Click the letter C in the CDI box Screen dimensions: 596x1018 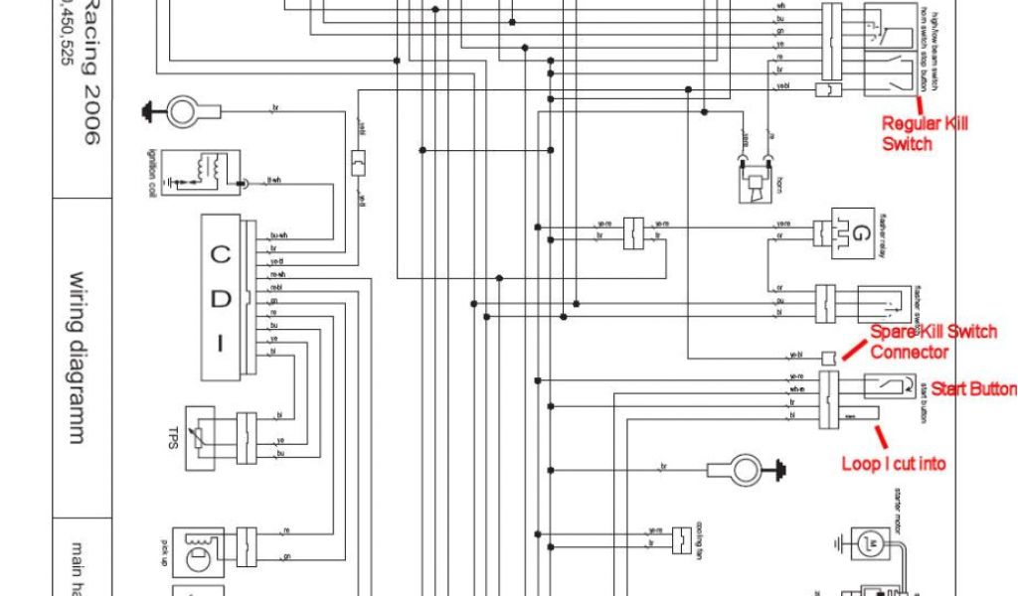[x=221, y=254]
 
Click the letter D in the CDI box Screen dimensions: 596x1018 [x=221, y=300]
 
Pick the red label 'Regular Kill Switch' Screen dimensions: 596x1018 [x=925, y=134]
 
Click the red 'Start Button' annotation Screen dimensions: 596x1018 [x=972, y=389]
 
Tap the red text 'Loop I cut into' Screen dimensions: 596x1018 [x=894, y=463]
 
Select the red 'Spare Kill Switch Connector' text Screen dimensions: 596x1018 [x=933, y=342]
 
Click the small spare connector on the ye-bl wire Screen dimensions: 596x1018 [x=827, y=356]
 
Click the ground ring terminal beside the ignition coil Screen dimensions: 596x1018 [x=182, y=109]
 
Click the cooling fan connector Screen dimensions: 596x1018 [x=682, y=538]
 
